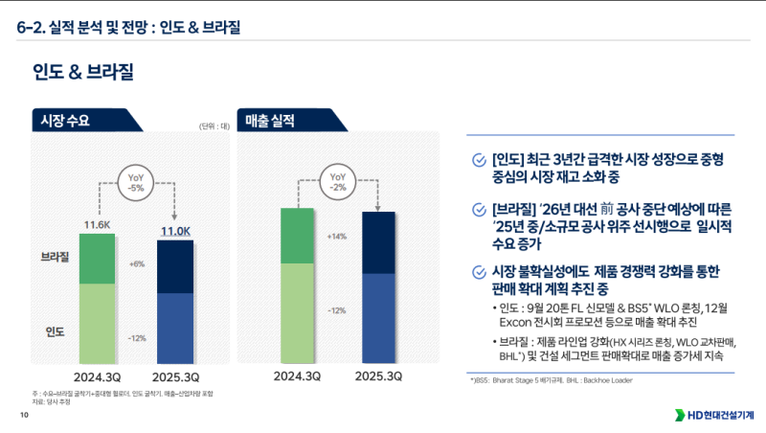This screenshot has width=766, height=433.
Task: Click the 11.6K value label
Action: tap(98, 225)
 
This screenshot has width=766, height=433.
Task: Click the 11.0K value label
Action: tap(175, 231)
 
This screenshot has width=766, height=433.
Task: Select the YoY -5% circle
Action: tap(136, 182)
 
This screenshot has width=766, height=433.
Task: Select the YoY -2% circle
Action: tap(337, 182)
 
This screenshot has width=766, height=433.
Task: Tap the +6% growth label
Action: tap(136, 263)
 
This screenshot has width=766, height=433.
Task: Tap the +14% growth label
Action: tap(336, 236)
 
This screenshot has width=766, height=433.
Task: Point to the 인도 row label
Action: tap(55, 331)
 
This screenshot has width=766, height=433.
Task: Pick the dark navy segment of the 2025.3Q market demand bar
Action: tap(175, 266)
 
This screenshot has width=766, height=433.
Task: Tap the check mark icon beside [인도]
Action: tap(479, 159)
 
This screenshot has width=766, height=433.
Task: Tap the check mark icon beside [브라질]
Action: tap(479, 209)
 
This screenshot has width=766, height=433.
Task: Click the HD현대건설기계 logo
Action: tap(714, 415)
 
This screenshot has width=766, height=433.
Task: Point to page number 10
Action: tap(24, 415)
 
